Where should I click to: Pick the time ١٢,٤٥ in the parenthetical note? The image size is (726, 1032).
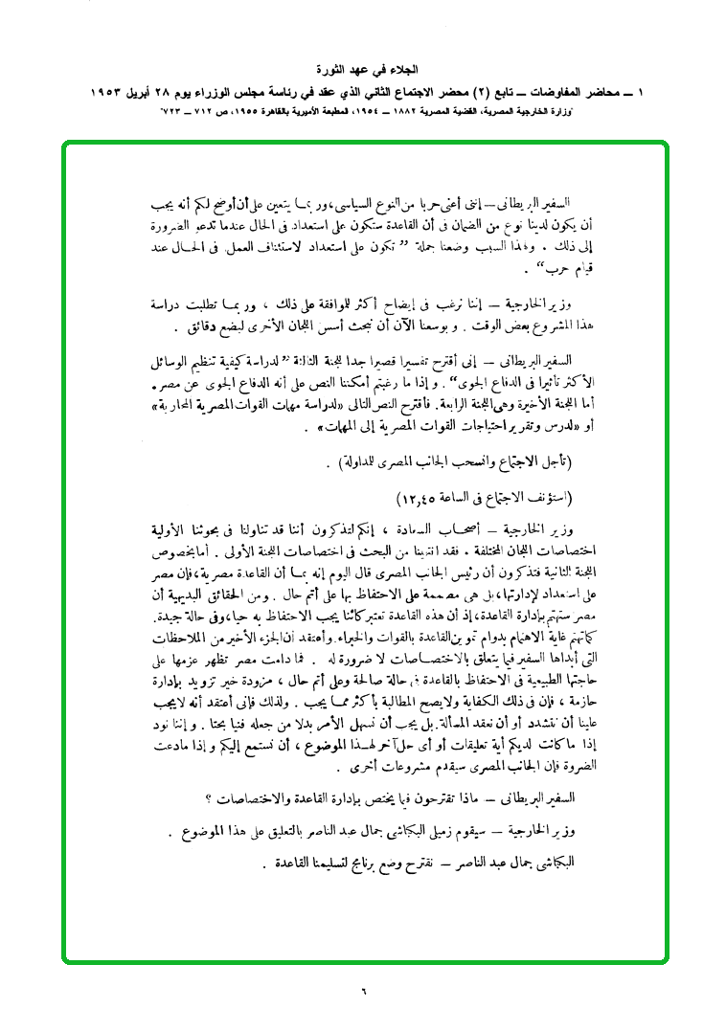(x=418, y=500)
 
